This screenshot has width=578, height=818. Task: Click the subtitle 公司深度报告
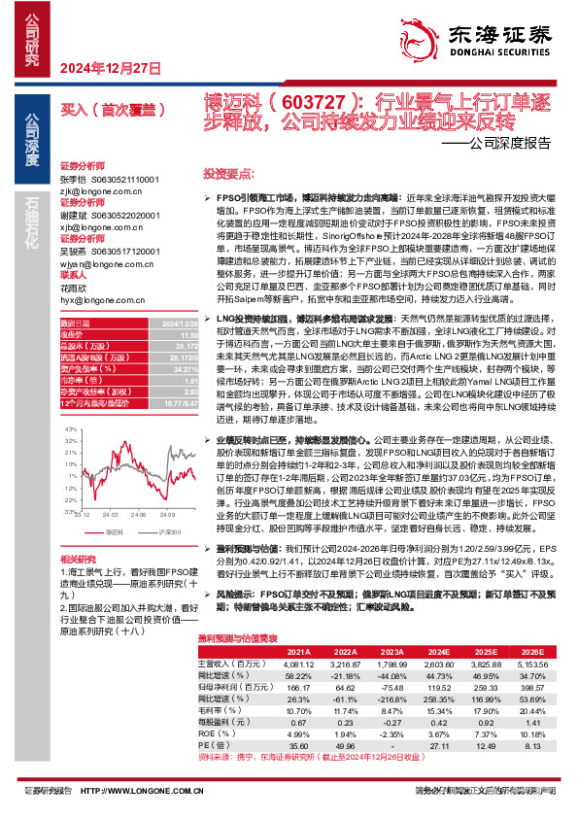509,143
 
